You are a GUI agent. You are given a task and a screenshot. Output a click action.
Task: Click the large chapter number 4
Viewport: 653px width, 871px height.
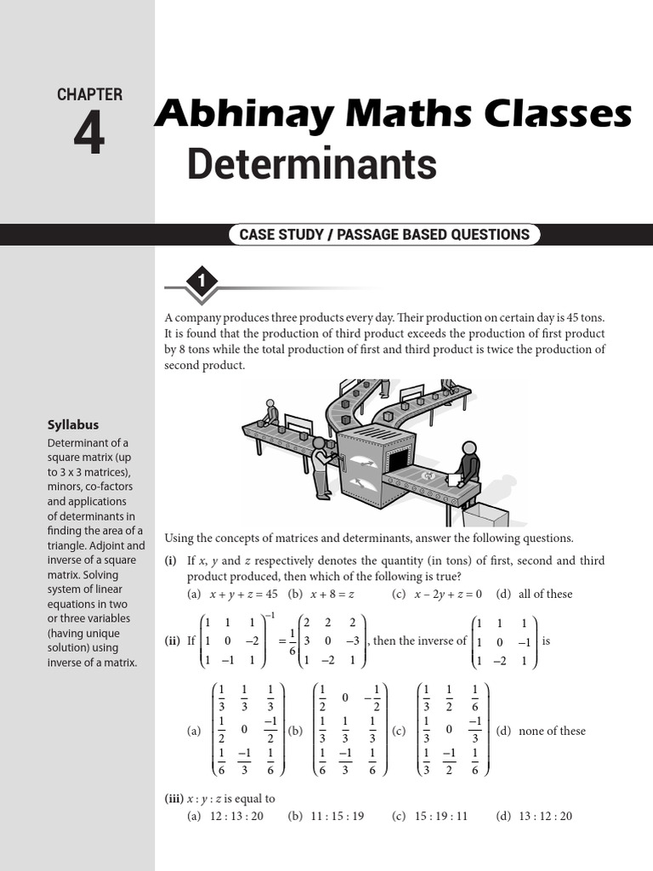[88, 134]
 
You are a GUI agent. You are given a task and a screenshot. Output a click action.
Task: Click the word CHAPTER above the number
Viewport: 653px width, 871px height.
[89, 95]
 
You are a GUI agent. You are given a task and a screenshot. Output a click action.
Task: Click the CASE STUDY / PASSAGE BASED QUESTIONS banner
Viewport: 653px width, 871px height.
[383, 235]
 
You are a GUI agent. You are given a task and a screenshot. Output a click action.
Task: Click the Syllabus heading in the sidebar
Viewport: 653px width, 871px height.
[73, 424]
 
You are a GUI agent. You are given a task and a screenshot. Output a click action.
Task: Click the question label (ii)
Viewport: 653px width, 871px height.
[173, 640]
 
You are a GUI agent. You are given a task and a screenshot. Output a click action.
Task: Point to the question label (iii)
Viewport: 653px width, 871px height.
[176, 799]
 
